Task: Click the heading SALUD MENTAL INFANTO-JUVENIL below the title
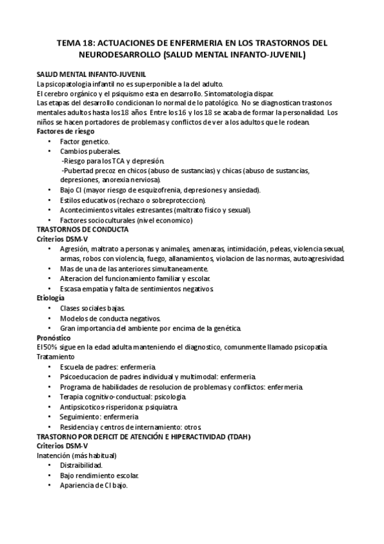coord(92,74)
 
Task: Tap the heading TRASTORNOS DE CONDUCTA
coord(83,229)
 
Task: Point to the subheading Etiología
coord(51,298)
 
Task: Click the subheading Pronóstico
coord(54,338)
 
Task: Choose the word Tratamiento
coord(55,356)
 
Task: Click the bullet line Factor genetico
coord(85,141)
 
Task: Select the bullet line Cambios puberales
coord(87,151)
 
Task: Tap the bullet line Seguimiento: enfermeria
coord(94,417)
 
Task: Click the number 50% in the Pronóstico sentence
coord(50,347)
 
